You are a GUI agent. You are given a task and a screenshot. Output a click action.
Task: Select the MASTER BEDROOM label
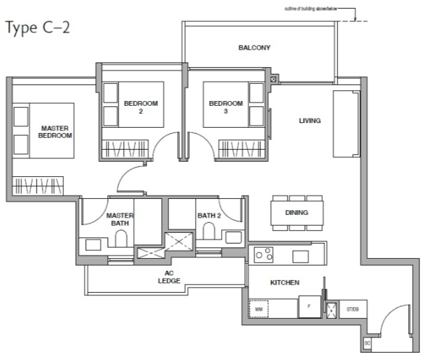(x=55, y=131)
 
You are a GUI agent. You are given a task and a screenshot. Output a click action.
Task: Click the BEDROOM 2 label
(x=140, y=107)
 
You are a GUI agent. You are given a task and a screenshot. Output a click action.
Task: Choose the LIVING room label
(x=310, y=121)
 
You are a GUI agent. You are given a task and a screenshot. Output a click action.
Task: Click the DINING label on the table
(x=296, y=214)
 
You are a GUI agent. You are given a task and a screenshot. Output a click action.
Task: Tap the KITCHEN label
(x=284, y=283)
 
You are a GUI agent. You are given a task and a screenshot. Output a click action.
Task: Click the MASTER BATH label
(x=120, y=219)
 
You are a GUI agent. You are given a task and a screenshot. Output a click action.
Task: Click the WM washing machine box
(x=257, y=309)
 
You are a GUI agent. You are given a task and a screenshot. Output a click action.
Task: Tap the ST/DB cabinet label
(x=351, y=309)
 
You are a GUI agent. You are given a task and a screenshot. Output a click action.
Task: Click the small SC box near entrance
(x=366, y=343)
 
